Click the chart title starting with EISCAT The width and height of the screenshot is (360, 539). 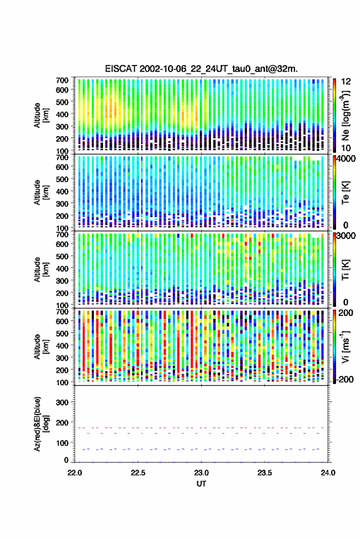[x=201, y=69]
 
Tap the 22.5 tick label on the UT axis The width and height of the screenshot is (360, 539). [x=138, y=473]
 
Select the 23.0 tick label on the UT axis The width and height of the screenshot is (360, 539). [x=201, y=473]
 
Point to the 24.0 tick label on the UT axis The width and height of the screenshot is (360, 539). [x=327, y=473]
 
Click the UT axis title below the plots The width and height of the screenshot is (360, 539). [x=201, y=484]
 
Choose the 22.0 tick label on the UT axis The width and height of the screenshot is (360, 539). [x=75, y=473]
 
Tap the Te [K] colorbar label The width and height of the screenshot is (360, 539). [x=345, y=193]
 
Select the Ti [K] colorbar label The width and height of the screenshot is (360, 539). [x=345, y=270]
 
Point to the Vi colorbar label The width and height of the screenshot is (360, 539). [x=345, y=346]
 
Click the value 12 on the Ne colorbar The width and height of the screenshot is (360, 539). [x=346, y=82]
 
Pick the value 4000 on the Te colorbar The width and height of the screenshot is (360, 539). [x=346, y=159]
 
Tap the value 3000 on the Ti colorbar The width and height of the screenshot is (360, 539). [x=346, y=236]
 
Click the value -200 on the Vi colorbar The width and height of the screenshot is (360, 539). [x=345, y=380]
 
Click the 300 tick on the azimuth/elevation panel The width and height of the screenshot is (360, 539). [x=62, y=402]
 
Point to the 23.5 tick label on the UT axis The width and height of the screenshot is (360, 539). [x=264, y=473]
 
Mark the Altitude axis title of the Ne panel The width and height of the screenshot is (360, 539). [x=41, y=115]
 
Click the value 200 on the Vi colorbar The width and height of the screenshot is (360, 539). [x=346, y=313]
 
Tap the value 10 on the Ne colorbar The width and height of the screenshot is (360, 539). [x=346, y=148]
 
